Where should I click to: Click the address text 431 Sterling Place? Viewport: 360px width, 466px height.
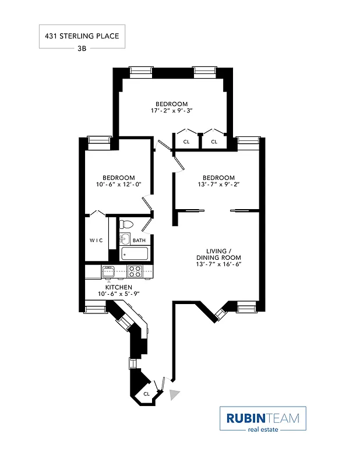(x=82, y=36)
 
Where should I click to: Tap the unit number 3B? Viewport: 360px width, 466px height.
(x=82, y=49)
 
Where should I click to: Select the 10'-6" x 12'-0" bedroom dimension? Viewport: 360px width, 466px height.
(x=119, y=185)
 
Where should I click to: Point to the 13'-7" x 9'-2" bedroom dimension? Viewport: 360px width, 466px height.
(x=218, y=185)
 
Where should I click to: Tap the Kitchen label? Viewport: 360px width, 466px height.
(x=118, y=287)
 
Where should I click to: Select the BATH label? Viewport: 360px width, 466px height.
(x=139, y=240)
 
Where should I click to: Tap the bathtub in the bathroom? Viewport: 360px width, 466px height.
(x=136, y=254)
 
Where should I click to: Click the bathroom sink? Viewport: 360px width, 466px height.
(x=123, y=239)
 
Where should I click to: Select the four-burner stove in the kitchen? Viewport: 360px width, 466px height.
(x=135, y=271)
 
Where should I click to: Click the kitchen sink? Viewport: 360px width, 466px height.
(x=109, y=271)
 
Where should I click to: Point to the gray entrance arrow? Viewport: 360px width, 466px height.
(x=174, y=396)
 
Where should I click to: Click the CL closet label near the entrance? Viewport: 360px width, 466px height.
(x=146, y=394)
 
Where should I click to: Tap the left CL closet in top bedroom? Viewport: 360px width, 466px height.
(x=186, y=142)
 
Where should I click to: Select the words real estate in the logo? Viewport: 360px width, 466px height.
(x=262, y=430)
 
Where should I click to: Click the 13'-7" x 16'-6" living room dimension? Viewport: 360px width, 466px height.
(x=218, y=264)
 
